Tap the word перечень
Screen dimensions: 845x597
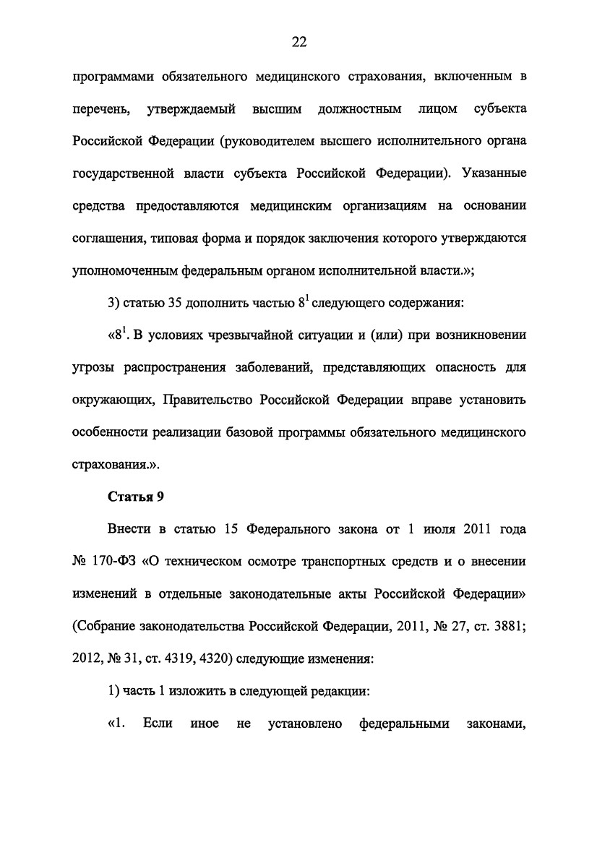(x=101, y=109)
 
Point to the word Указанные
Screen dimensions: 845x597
(x=495, y=173)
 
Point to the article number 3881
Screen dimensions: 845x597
(x=507, y=626)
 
